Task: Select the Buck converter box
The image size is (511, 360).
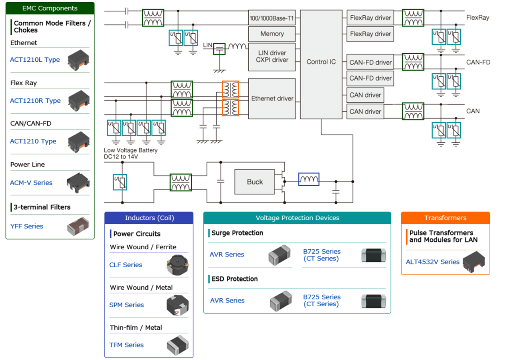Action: click(x=255, y=182)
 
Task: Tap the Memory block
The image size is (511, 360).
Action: click(x=272, y=34)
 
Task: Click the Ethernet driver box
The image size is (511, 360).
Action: click(x=272, y=98)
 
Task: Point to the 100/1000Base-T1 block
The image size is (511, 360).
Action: click(x=272, y=17)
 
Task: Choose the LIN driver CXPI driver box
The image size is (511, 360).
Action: click(x=272, y=56)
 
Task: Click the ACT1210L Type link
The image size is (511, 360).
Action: click(x=35, y=60)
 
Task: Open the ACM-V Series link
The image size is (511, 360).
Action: click(x=31, y=183)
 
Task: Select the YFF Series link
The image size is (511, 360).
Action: click(x=27, y=226)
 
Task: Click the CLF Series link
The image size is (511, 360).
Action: click(x=126, y=265)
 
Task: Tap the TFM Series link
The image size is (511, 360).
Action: click(x=126, y=345)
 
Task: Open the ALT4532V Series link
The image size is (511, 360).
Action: click(x=433, y=262)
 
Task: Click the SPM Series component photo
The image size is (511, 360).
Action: click(x=177, y=305)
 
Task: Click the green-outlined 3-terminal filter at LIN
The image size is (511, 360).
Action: click(x=219, y=49)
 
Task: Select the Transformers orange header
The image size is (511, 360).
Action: click(x=445, y=218)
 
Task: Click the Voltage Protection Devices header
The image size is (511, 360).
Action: click(x=297, y=218)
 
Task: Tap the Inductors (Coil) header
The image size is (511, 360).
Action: click(x=149, y=218)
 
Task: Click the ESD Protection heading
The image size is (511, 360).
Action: click(x=235, y=279)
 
